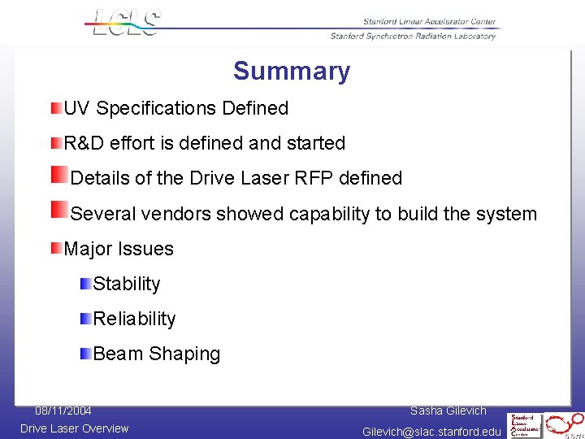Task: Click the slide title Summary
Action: click(292, 71)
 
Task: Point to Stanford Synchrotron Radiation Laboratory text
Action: click(412, 36)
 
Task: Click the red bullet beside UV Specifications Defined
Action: click(55, 108)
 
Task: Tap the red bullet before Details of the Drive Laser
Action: click(59, 176)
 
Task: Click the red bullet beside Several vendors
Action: click(59, 211)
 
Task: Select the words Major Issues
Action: click(119, 249)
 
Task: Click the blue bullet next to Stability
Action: click(85, 284)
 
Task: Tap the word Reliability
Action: click(134, 319)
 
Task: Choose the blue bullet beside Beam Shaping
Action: click(85, 353)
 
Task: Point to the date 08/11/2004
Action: click(63, 411)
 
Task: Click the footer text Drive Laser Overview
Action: click(74, 428)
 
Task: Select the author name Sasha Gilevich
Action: click(448, 411)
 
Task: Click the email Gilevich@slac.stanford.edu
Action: click(431, 432)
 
